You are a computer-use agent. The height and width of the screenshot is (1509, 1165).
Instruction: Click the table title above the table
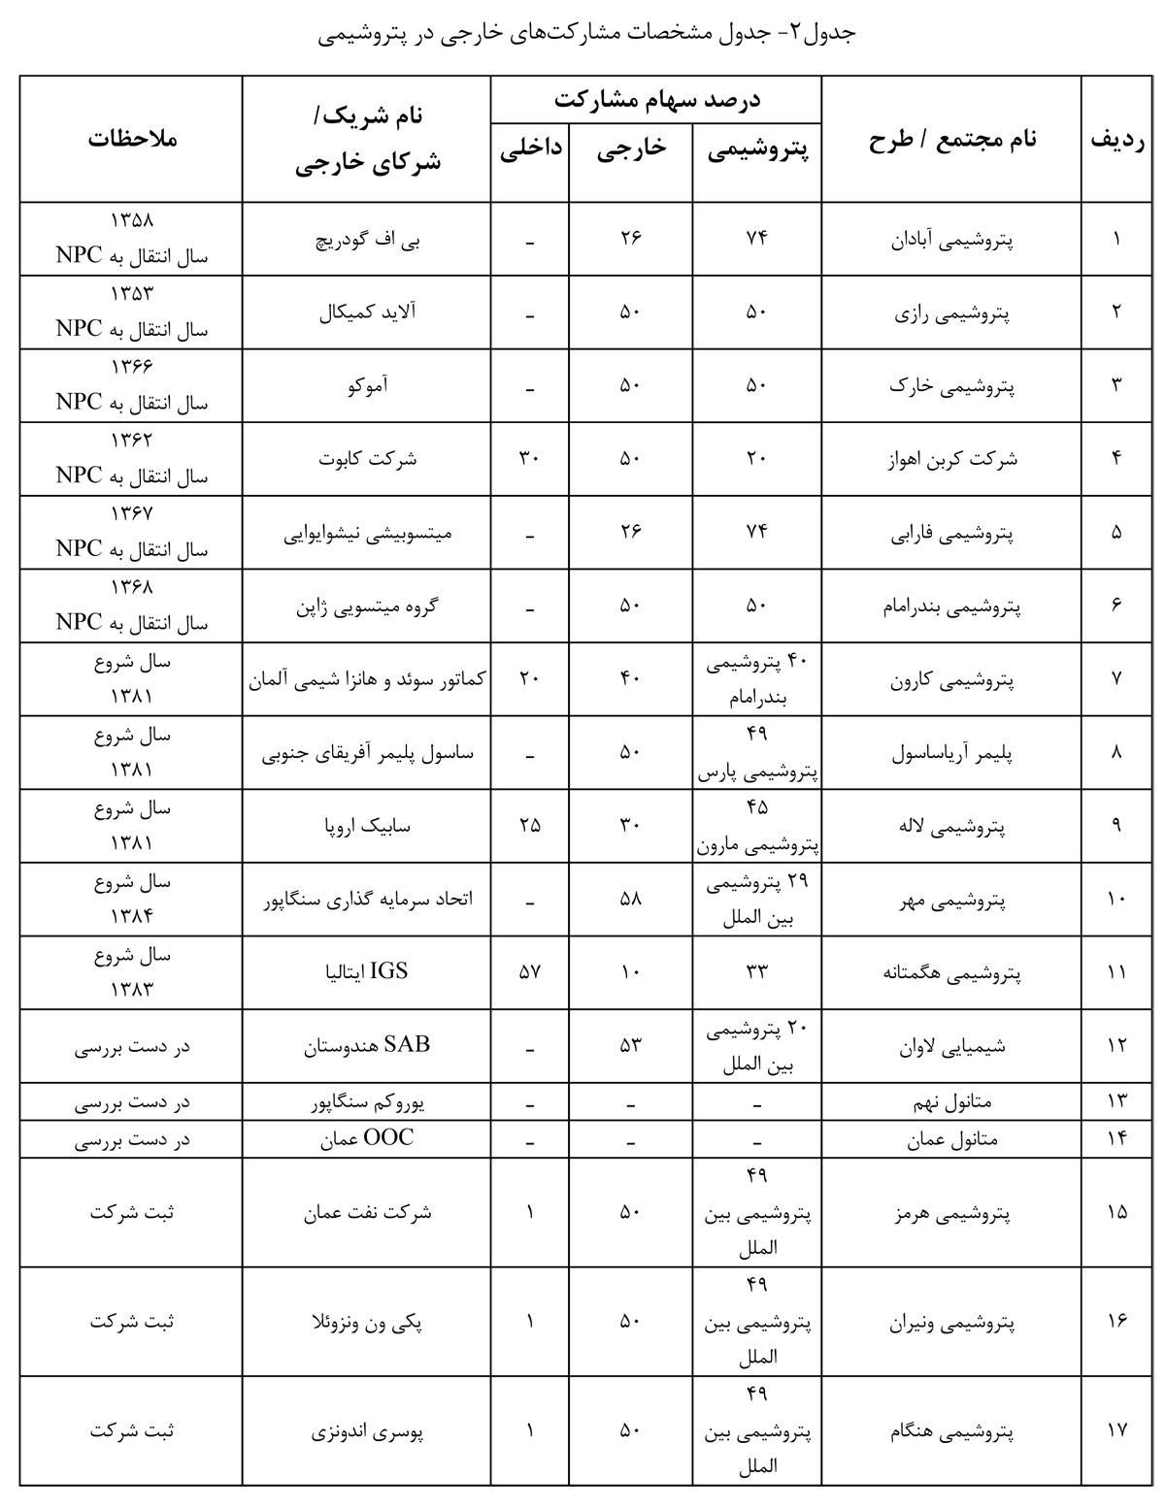[587, 34]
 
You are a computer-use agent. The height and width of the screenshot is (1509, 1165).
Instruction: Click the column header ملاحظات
[132, 138]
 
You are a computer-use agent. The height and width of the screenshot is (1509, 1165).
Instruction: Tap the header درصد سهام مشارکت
[657, 99]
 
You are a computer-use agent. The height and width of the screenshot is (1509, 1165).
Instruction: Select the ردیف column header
[1116, 138]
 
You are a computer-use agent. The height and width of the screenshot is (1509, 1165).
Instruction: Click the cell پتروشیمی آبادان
[951, 239]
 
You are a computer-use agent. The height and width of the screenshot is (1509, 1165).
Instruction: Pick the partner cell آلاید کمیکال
[367, 312]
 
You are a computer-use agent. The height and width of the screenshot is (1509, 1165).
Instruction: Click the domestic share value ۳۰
[529, 459]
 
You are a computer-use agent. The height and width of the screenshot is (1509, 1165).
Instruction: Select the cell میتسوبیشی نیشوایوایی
[367, 533]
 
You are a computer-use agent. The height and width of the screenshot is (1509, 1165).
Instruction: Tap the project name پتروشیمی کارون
[951, 679]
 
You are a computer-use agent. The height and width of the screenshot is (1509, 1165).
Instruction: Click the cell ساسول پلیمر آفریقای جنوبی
[367, 752]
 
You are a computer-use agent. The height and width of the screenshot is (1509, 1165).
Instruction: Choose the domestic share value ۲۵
[529, 826]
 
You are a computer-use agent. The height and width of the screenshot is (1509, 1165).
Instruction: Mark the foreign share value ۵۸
[631, 900]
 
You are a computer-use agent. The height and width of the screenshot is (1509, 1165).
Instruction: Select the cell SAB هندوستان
[367, 1045]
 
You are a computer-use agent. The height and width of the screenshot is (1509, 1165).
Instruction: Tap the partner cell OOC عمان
[367, 1138]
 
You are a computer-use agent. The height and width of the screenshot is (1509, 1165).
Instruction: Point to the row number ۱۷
[1116, 1430]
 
